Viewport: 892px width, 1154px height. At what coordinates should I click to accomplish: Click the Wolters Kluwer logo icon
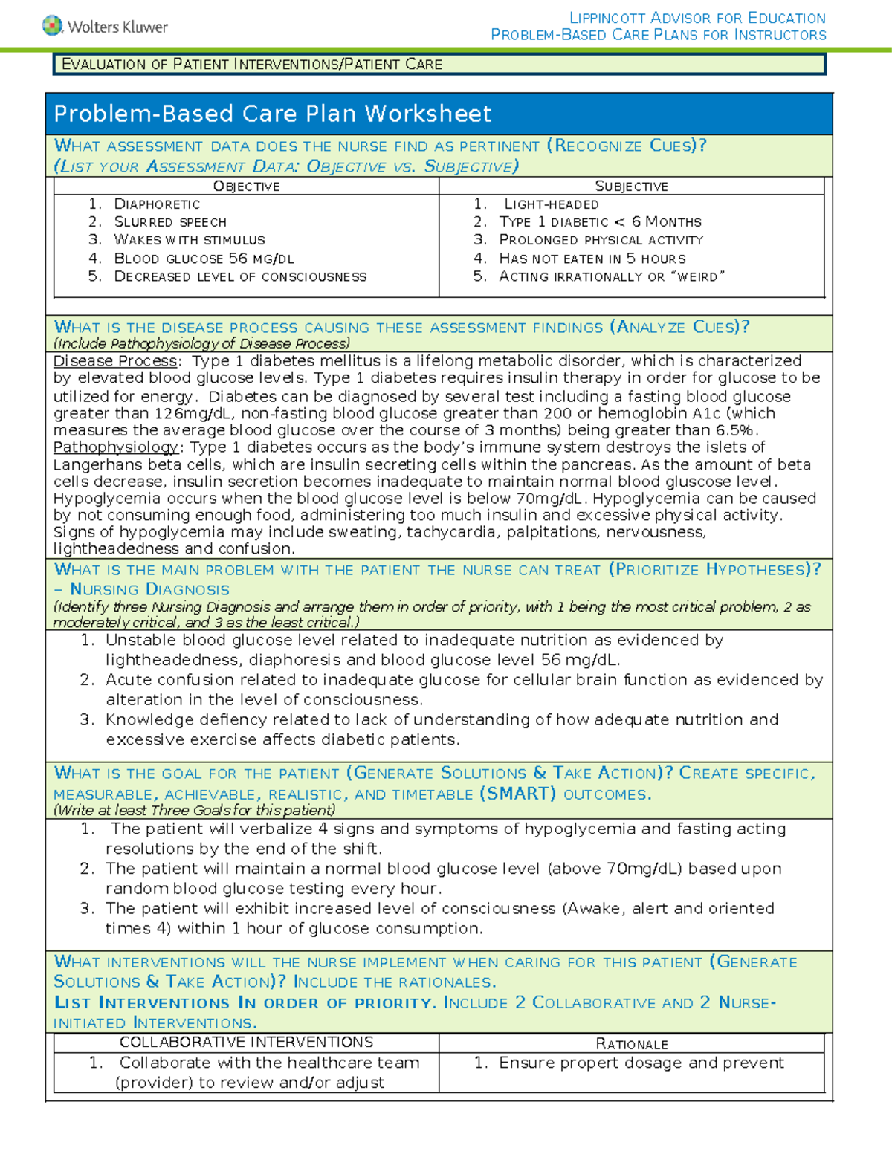pyautogui.click(x=52, y=25)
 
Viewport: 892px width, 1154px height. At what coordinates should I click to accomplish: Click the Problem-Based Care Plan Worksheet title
pyautogui.click(x=272, y=114)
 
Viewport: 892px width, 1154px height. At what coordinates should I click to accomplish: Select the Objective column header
pyautogui.click(x=246, y=186)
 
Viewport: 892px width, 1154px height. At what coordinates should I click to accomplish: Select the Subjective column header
pyautogui.click(x=631, y=186)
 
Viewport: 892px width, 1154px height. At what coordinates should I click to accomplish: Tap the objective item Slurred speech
pyautogui.click(x=169, y=221)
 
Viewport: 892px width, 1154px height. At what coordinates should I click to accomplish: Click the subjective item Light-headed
pyautogui.click(x=551, y=204)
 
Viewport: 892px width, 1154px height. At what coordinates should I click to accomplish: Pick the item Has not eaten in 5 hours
pyautogui.click(x=592, y=258)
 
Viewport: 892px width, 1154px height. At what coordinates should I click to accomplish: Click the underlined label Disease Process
pyautogui.click(x=115, y=361)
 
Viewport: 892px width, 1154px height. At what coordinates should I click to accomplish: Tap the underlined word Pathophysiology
pyautogui.click(x=115, y=447)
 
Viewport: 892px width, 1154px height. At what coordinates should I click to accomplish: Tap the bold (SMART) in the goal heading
pyautogui.click(x=517, y=793)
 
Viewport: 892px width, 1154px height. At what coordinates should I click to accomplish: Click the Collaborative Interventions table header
pyautogui.click(x=246, y=1042)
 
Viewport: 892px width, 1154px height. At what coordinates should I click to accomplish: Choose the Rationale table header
pyautogui.click(x=631, y=1044)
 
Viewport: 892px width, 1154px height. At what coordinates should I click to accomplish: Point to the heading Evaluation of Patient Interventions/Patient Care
pyautogui.click(x=252, y=64)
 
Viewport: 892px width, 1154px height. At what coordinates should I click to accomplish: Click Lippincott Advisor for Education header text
pyautogui.click(x=697, y=17)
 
